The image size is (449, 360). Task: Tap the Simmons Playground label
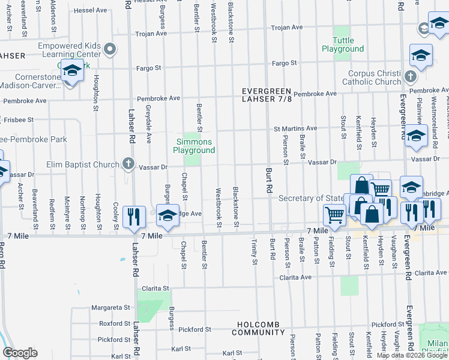[x=194, y=146]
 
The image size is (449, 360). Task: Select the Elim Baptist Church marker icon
[x=128, y=164]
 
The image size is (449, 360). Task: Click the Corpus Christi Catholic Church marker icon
[x=410, y=76]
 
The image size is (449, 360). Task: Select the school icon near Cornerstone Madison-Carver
[x=71, y=72]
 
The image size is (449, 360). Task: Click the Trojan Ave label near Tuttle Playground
[x=286, y=28]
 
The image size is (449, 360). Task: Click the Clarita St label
[x=155, y=289]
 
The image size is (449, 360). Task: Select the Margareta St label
[x=110, y=307]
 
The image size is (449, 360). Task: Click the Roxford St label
[x=111, y=323]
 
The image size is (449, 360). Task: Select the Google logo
[x=20, y=353]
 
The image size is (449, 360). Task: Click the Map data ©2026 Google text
[x=412, y=355]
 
